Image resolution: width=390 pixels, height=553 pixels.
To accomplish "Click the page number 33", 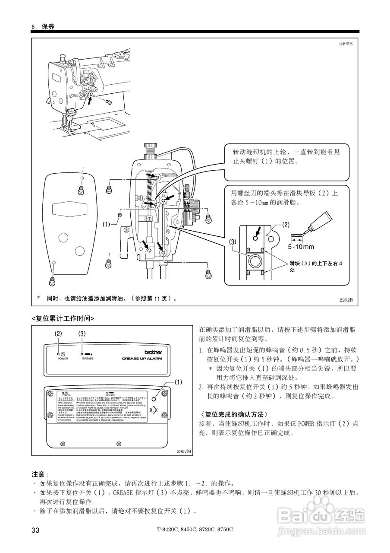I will point(36,530).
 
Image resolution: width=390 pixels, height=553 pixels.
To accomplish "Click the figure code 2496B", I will point(345,44).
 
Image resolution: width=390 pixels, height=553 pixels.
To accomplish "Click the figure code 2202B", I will point(345,299).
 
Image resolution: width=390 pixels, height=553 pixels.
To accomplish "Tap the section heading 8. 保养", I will point(43,27).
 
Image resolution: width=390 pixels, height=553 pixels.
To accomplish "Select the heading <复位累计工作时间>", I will point(63,318).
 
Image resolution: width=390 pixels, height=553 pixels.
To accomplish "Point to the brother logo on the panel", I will point(153,352).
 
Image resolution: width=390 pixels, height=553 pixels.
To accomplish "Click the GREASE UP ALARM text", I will point(138,359).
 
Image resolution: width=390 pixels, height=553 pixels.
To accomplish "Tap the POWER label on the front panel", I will point(63,359).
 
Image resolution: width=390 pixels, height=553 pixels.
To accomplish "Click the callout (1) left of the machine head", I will point(107,224).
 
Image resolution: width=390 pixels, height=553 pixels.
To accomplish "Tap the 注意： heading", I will point(41,474).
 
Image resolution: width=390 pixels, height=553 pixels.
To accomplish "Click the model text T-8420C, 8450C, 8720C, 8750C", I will point(195,530).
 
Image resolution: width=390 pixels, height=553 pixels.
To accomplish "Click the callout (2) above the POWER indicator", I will point(59,334).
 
